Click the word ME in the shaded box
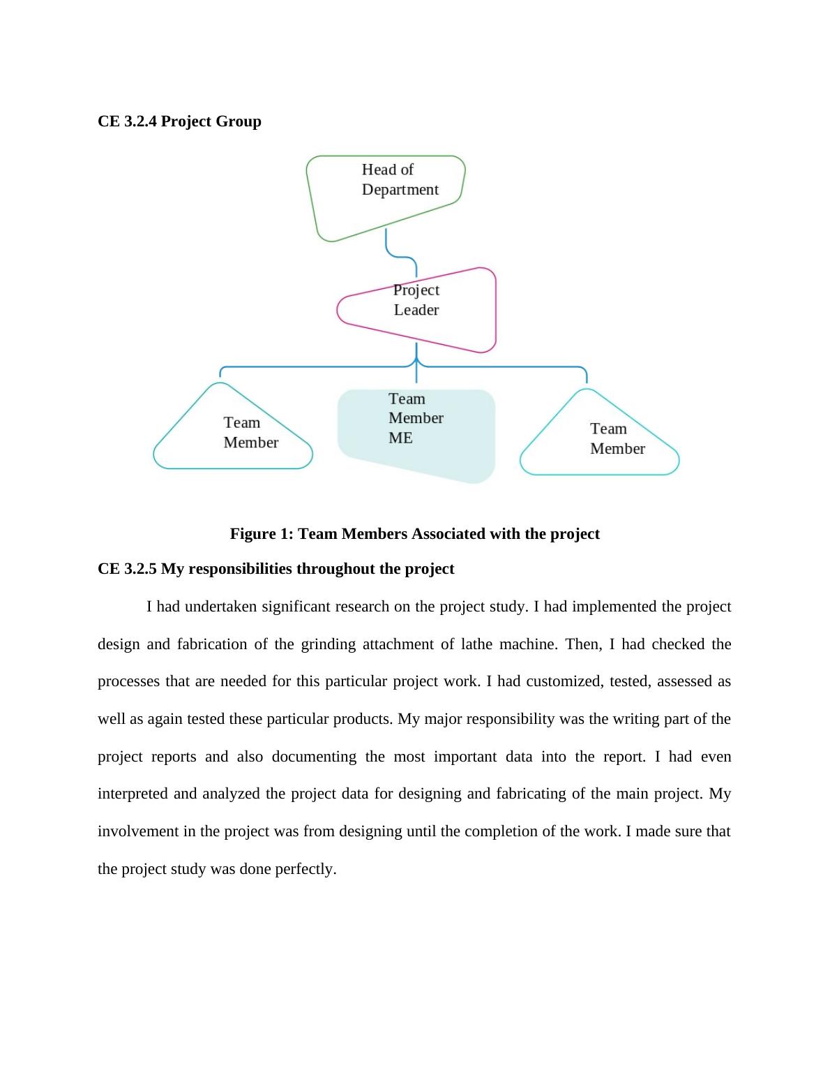click(400, 438)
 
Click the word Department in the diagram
click(400, 190)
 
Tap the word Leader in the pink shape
click(416, 310)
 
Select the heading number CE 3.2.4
click(128, 121)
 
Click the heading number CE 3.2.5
click(128, 569)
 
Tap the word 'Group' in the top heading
click(239, 121)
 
